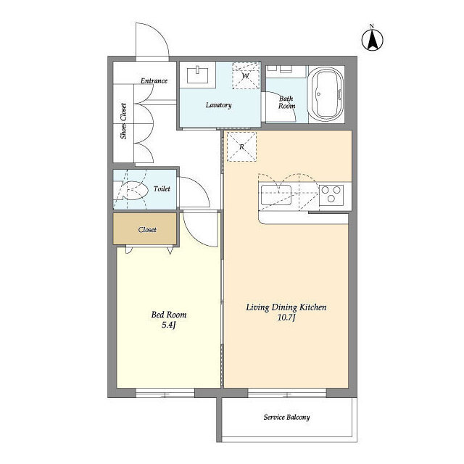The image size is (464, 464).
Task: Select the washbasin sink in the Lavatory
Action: click(x=197, y=75)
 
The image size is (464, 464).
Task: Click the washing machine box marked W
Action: click(x=246, y=75)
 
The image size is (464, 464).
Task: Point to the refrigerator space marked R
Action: click(x=241, y=146)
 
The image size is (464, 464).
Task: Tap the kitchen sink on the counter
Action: click(x=275, y=194)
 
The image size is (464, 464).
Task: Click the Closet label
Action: click(x=147, y=230)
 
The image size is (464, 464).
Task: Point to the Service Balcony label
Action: click(x=286, y=418)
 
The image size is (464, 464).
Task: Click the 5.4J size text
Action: click(x=169, y=326)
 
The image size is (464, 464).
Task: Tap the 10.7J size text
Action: click(x=286, y=318)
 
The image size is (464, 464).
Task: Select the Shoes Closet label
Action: click(x=123, y=121)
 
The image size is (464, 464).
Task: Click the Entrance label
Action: click(x=154, y=80)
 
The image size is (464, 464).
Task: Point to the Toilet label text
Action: click(x=162, y=188)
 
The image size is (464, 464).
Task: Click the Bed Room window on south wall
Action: click(x=165, y=393)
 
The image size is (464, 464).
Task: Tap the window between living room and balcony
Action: click(x=287, y=393)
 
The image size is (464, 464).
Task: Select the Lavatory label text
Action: click(x=218, y=105)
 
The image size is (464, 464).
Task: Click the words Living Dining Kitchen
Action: click(x=286, y=307)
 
